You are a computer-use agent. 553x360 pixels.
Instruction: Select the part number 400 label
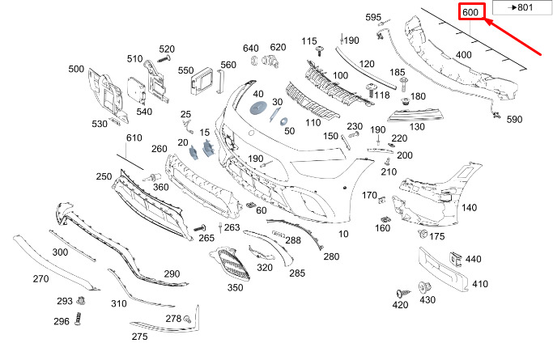(464, 55)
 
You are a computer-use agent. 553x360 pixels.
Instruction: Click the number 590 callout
(515, 120)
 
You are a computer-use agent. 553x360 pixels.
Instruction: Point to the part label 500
(76, 70)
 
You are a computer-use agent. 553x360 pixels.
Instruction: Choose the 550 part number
(186, 70)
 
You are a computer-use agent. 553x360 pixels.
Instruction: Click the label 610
(134, 140)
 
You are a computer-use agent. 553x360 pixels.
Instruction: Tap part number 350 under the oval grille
(235, 287)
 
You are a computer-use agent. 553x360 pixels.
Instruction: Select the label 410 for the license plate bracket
(480, 285)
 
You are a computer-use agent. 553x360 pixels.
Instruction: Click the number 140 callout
(469, 208)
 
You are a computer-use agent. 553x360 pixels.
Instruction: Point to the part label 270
(41, 278)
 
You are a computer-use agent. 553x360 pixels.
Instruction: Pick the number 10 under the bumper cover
(343, 234)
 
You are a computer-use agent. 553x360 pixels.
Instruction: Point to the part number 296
(62, 321)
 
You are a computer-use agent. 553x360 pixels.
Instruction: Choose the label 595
(372, 18)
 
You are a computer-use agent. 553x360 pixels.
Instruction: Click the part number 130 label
(417, 127)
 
